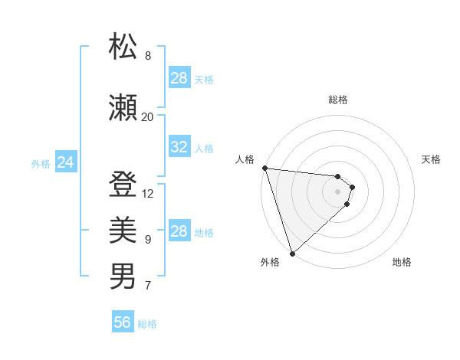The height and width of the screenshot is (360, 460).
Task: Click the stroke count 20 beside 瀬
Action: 148,117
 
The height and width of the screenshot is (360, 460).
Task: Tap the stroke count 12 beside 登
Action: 148,194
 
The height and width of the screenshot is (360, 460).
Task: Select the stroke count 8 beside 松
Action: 148,56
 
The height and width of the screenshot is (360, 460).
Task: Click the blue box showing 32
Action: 179,148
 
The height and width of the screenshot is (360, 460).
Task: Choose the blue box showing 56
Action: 123,323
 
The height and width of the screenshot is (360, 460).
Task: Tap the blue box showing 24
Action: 66,162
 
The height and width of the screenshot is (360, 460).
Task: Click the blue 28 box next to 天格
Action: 179,78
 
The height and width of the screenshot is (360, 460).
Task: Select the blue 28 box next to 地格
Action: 179,231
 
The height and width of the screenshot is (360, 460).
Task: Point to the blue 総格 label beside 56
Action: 147,324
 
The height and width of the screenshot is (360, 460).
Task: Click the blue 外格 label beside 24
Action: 41,163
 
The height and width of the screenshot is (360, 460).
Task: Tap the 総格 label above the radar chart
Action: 338,100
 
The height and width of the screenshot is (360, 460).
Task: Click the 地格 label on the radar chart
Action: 402,262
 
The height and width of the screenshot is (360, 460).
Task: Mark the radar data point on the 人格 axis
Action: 264,168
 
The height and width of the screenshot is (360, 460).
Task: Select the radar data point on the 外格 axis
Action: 292,253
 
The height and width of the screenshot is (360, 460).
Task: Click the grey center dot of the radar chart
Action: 338,191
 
